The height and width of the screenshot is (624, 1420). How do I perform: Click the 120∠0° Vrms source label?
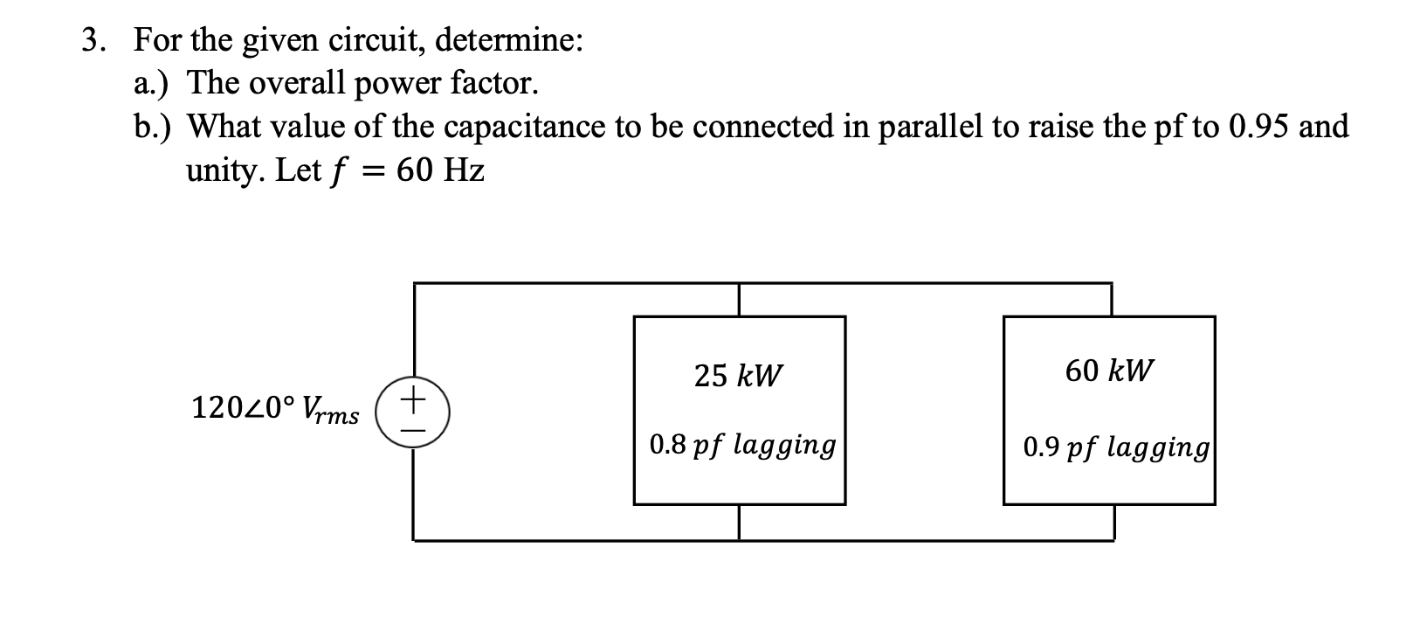pos(274,408)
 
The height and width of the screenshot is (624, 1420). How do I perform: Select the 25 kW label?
pos(739,376)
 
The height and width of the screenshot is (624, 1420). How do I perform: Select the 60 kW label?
pos(1109,371)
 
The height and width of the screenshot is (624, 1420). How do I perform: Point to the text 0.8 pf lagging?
pos(742,445)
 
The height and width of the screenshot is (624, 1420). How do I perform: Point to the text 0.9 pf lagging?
pos(1116,447)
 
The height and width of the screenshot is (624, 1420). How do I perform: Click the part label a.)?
pos(152,83)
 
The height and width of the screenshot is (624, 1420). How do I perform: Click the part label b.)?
pos(153,127)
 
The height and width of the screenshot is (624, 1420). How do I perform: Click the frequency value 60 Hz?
pos(440,170)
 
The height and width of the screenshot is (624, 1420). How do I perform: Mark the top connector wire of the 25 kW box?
pos(740,300)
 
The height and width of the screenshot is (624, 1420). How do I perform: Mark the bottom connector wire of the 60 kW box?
pos(1113,523)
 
